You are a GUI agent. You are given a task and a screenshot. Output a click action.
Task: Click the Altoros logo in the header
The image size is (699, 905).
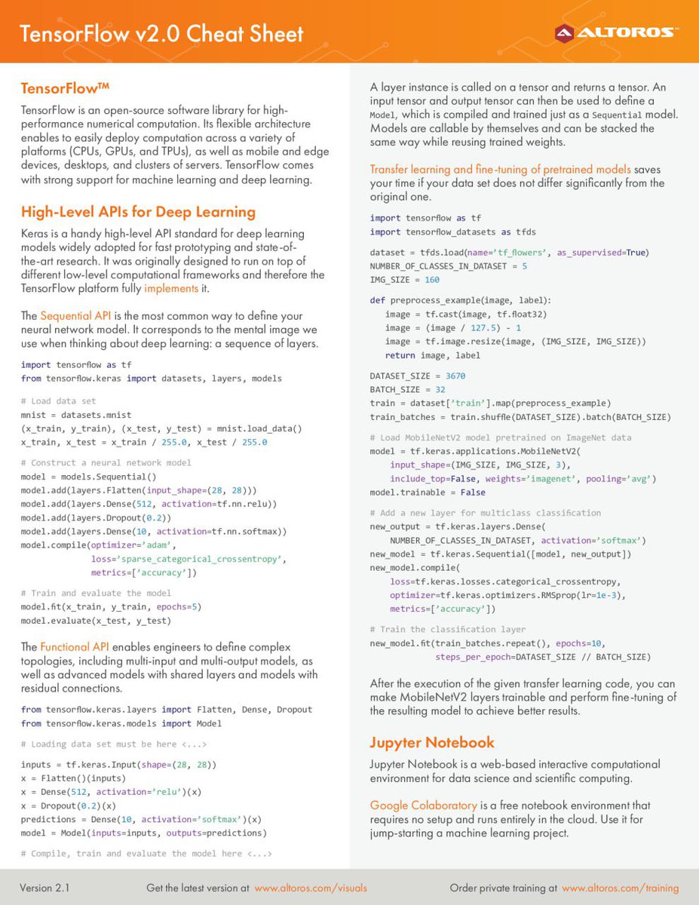pyautogui.click(x=616, y=32)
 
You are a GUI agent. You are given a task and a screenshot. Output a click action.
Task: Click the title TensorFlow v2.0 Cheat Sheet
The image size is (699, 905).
pyautogui.click(x=161, y=34)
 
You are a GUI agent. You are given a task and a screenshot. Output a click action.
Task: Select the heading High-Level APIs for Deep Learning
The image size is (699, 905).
pyautogui.click(x=138, y=212)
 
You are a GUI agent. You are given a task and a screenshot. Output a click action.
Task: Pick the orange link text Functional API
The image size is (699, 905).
pyautogui.click(x=75, y=647)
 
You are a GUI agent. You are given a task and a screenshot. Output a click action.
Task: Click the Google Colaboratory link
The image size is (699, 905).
pyautogui.click(x=423, y=805)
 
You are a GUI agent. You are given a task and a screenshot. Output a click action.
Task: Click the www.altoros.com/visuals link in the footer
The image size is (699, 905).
pyautogui.click(x=311, y=888)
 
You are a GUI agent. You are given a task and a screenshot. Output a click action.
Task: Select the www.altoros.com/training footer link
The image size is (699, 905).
pyautogui.click(x=620, y=888)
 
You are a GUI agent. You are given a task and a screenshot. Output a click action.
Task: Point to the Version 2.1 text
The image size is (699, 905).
pyautogui.click(x=44, y=888)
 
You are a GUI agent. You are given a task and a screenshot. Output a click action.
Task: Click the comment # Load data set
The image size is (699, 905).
pyautogui.click(x=59, y=401)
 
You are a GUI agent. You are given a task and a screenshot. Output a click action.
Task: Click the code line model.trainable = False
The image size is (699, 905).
pyautogui.click(x=428, y=492)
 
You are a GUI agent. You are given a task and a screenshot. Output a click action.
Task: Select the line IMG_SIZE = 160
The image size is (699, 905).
pyautogui.click(x=405, y=280)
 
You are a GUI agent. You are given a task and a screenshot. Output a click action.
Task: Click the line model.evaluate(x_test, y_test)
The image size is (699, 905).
pyautogui.click(x=96, y=621)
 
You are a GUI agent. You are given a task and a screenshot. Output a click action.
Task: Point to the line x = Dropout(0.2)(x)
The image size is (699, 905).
pyautogui.click(x=69, y=805)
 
